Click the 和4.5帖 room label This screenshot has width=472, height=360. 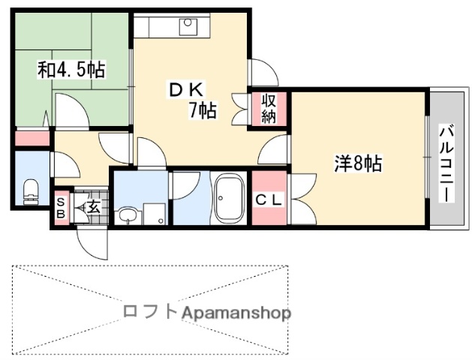71,70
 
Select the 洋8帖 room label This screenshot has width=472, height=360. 357,163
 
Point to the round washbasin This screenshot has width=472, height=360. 127,216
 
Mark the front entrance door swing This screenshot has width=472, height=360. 90,241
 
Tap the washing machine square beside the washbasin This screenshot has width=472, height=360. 155,213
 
